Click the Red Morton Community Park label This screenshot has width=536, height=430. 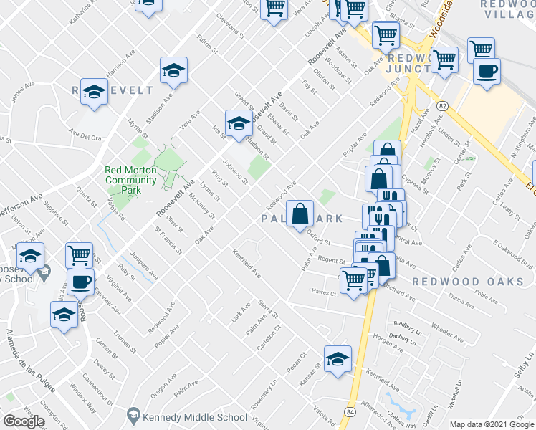coord(130,175)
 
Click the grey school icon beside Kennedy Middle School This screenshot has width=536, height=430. coord(133,416)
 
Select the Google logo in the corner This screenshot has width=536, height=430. coord(24,421)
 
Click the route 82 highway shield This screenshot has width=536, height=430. coord(444,105)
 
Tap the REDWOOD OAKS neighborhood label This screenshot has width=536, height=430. coord(478,282)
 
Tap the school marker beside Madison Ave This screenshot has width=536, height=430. coord(173,70)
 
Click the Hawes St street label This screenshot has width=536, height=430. coord(318,292)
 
